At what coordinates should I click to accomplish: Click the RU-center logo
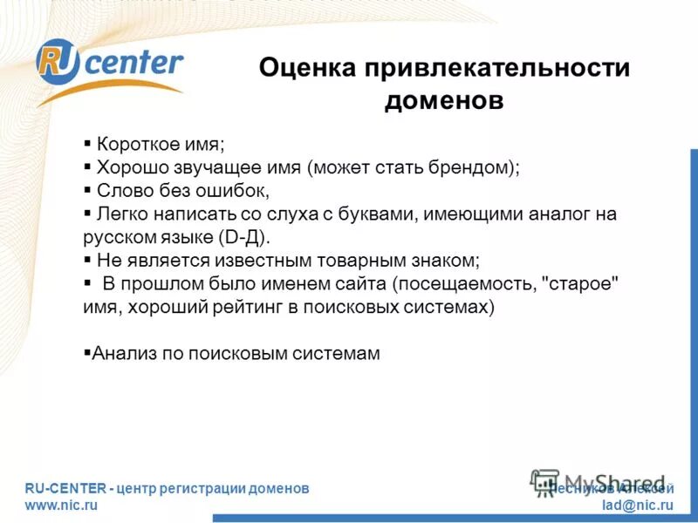tap(108, 66)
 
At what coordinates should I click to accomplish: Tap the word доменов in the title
tap(444, 101)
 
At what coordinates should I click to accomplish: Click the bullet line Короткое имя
tap(161, 145)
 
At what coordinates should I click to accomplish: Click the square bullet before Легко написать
tap(87, 213)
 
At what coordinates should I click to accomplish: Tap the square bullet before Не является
tap(87, 260)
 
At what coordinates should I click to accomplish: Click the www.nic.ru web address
tap(61, 506)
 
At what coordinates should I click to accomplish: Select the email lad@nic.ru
tap(638, 506)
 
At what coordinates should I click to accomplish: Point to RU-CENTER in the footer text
tap(65, 489)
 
